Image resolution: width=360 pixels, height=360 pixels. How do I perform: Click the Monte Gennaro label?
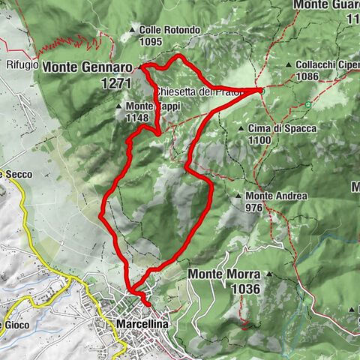click(x=90, y=67)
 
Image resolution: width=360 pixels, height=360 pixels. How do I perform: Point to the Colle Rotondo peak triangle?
click(x=133, y=31)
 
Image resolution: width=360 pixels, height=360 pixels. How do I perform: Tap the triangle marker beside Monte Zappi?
click(x=120, y=106)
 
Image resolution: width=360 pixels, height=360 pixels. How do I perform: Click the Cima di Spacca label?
click(x=282, y=128)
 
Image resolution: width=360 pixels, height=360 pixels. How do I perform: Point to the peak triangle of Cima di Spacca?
click(x=241, y=129)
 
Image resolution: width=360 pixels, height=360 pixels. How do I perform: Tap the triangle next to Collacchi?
click(x=289, y=65)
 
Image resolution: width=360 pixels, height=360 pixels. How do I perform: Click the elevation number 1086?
click(x=309, y=76)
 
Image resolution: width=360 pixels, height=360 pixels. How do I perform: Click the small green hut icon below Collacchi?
click(x=307, y=104)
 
